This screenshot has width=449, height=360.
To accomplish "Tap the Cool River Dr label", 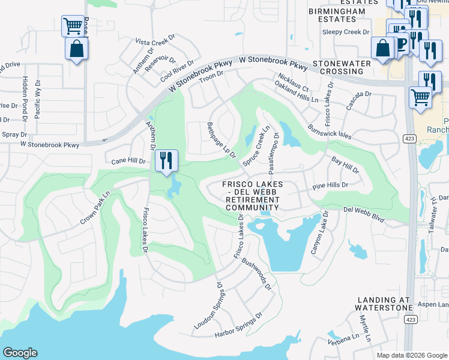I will (177, 71).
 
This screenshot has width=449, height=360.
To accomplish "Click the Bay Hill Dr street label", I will (345, 166).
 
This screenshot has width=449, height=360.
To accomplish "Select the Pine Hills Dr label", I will (330, 186).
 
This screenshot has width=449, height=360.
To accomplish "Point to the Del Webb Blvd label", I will (363, 215).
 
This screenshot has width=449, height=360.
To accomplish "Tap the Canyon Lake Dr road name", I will (319, 232).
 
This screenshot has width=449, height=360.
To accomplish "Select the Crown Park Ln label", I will (96, 208).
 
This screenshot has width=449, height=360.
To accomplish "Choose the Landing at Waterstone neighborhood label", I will (384, 303).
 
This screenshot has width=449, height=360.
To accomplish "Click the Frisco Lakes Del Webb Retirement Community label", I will (252, 196).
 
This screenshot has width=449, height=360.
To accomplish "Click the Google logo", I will (20, 353).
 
